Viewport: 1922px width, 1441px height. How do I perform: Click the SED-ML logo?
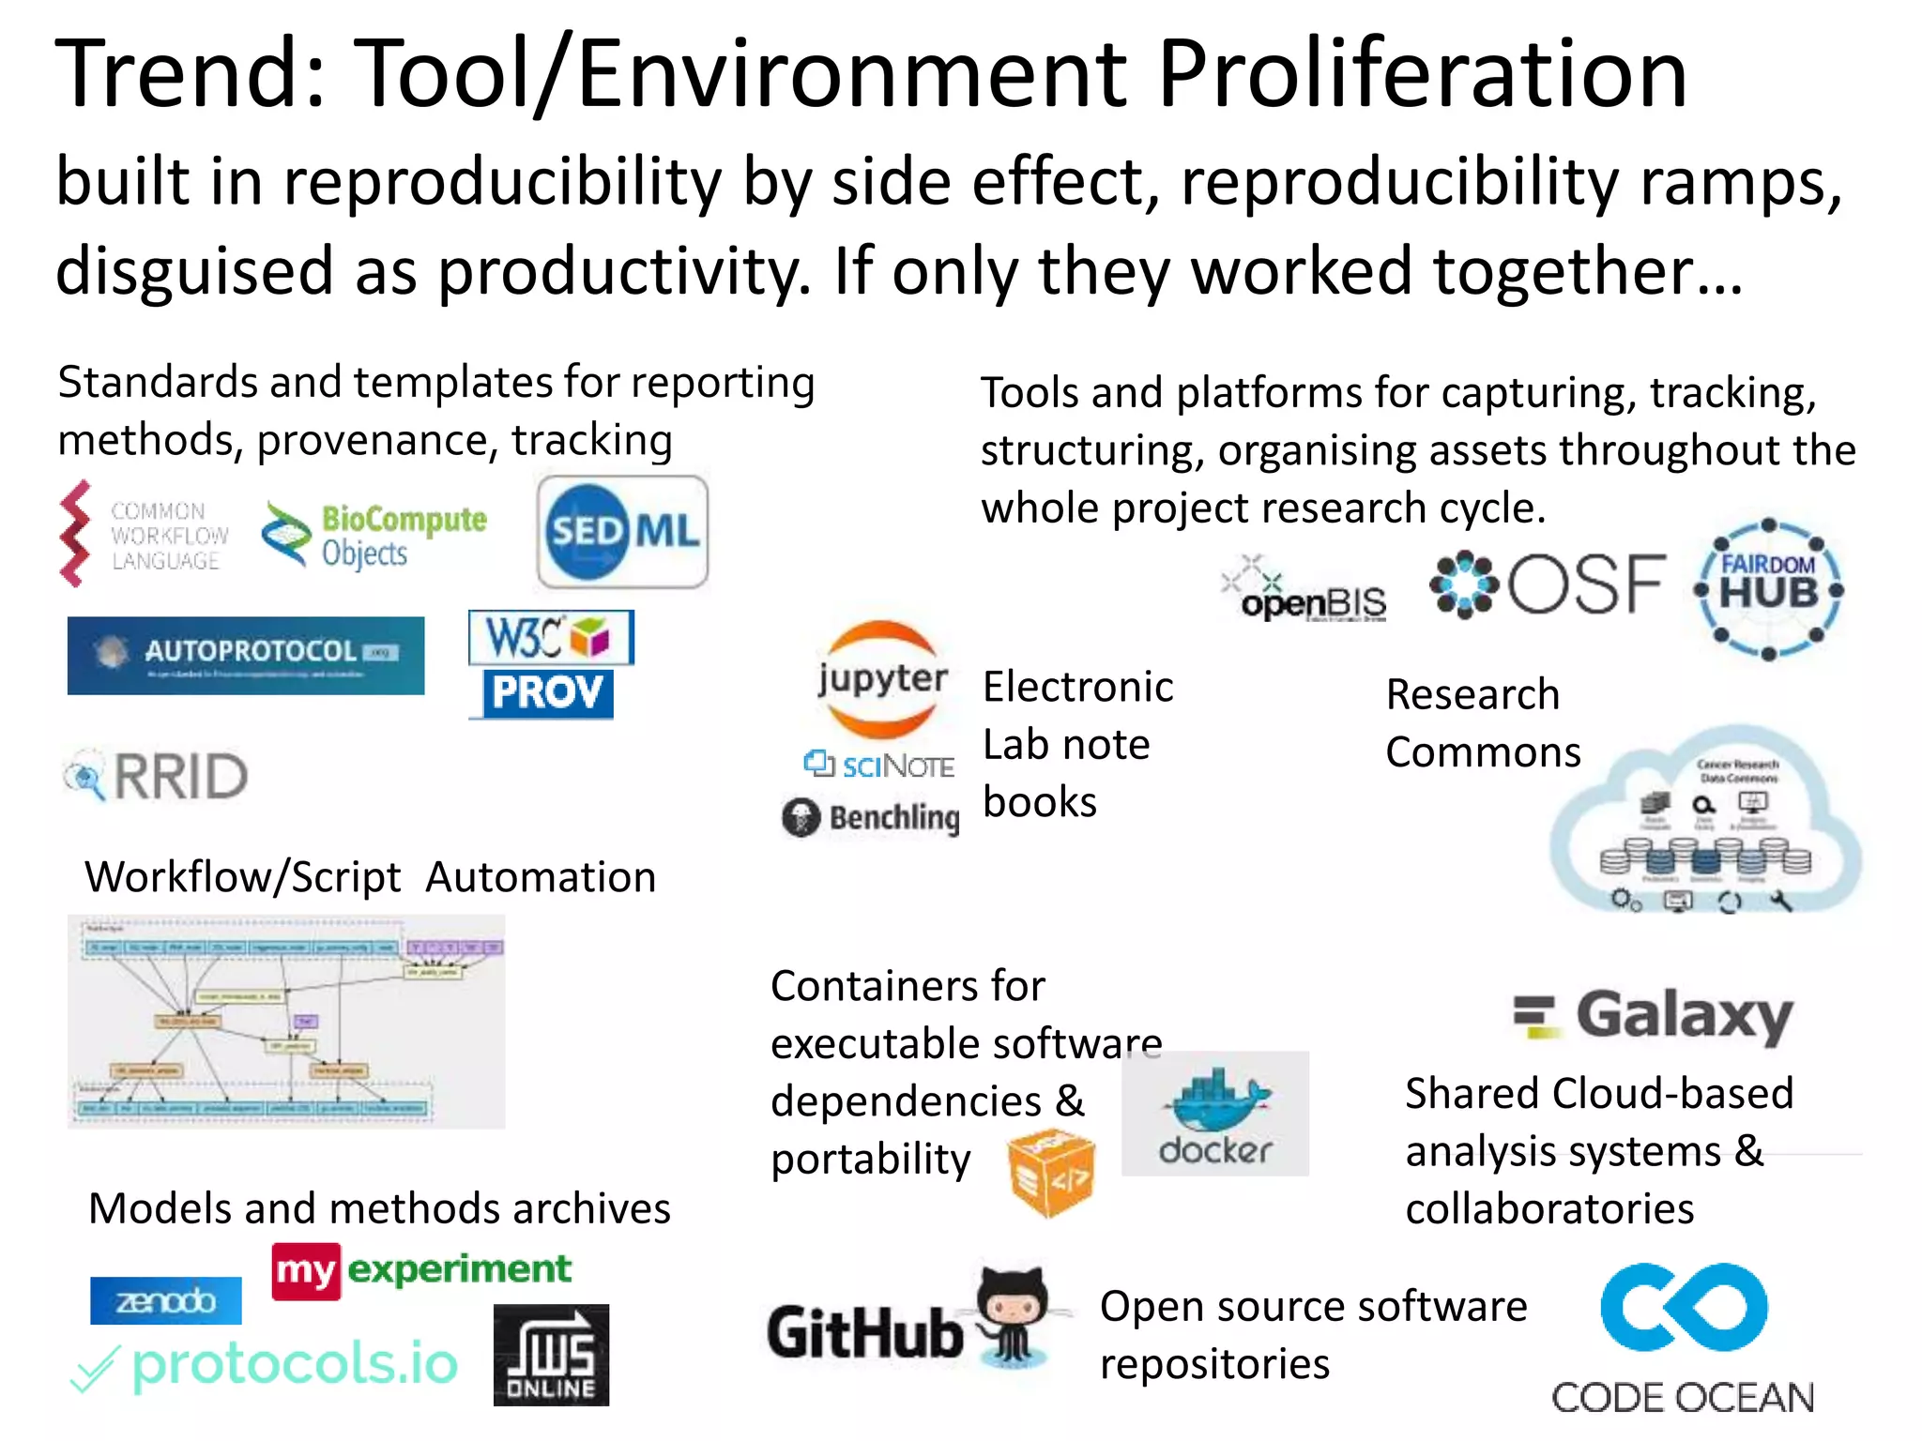pyautogui.click(x=622, y=532)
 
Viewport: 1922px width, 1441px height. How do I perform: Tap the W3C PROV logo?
pyautogui.click(x=550, y=664)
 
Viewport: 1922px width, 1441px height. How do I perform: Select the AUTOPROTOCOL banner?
pyautogui.click(x=246, y=655)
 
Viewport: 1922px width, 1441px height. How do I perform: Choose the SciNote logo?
pyautogui.click(x=879, y=766)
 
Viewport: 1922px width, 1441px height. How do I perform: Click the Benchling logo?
pyautogui.click(x=871, y=817)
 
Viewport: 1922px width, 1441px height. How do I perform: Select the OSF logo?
pyautogui.click(x=1548, y=584)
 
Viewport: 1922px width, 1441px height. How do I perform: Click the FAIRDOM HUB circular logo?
pyautogui.click(x=1768, y=588)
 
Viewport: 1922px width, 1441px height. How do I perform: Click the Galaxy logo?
pyautogui.click(x=1655, y=1016)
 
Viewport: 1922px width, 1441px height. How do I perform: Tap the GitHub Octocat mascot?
pyautogui.click(x=1011, y=1314)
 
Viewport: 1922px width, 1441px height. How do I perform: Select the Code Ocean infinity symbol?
pyautogui.click(x=1684, y=1307)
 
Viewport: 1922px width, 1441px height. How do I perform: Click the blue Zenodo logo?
pyautogui.click(x=166, y=1301)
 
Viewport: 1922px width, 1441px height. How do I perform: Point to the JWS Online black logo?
pyautogui.click(x=551, y=1355)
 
